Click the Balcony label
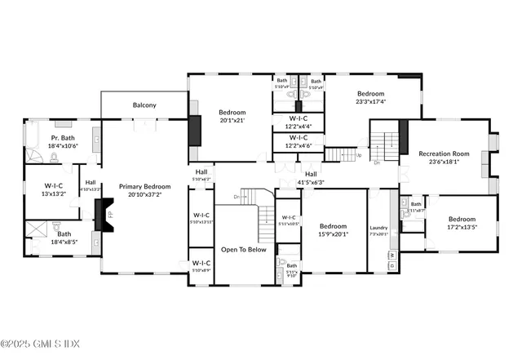tap(144, 105)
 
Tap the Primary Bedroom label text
tap(144, 187)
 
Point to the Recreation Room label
tap(445, 153)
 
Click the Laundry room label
tap(378, 228)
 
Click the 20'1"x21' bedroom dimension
tap(232, 120)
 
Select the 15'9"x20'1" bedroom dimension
tap(333, 234)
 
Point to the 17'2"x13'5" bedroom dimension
tap(461, 227)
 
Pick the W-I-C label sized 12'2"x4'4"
tap(298, 127)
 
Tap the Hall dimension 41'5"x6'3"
tap(311, 182)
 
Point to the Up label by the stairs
tap(359, 154)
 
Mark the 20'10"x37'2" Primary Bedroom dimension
tap(144, 195)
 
